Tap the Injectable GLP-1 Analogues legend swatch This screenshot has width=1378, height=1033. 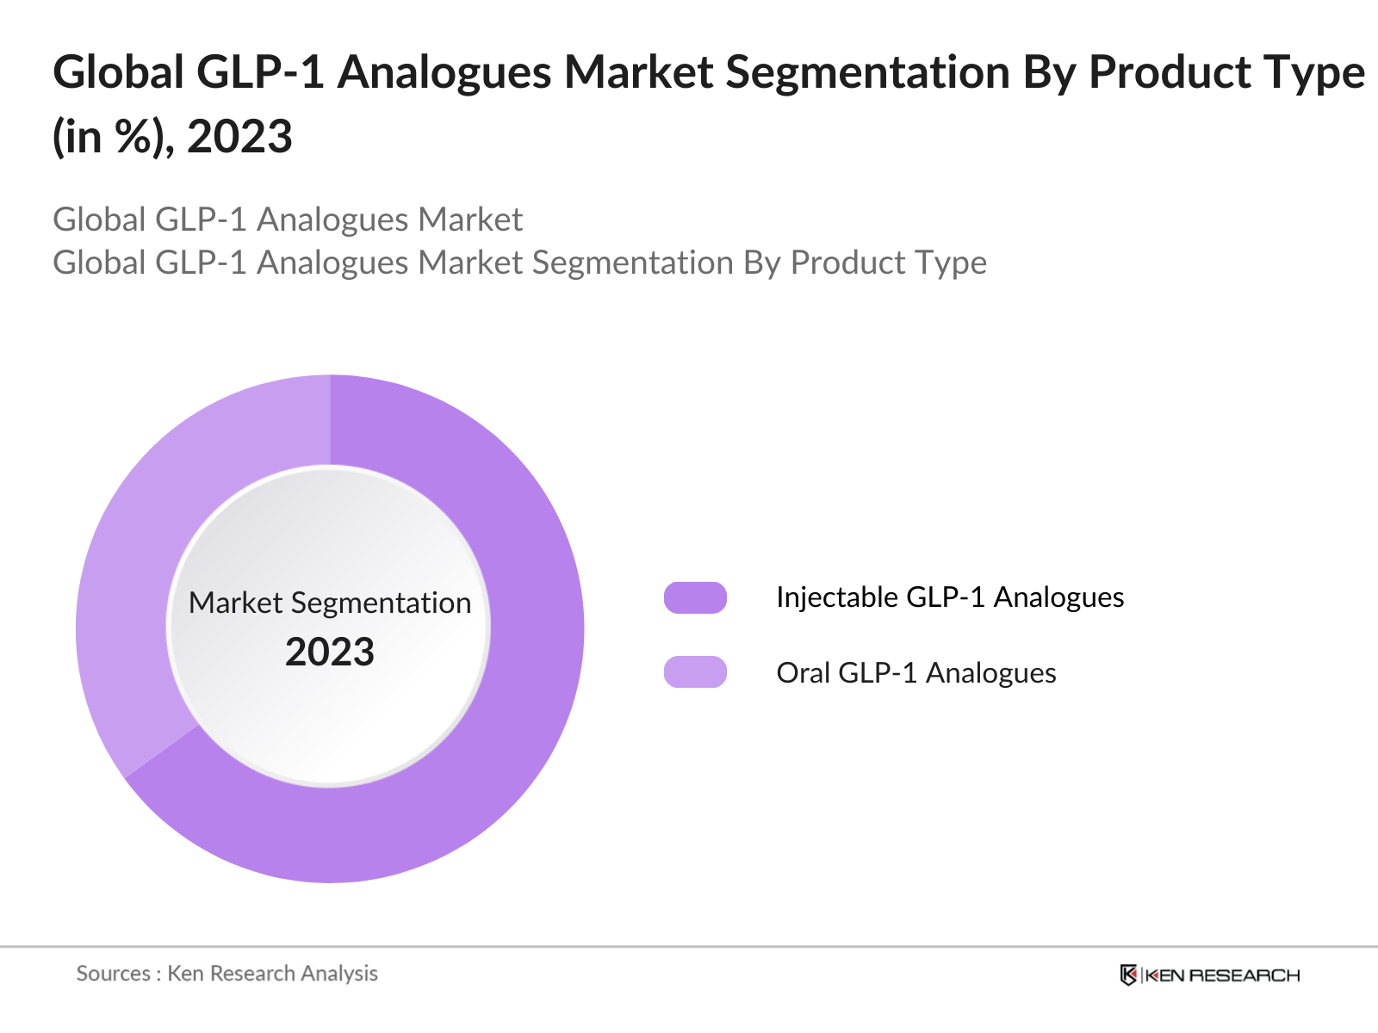click(695, 597)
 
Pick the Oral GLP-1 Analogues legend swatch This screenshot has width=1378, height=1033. click(695, 672)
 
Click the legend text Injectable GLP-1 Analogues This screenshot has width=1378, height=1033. click(949, 597)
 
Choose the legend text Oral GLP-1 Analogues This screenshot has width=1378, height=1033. click(916, 672)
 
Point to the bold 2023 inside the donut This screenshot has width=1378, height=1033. click(330, 652)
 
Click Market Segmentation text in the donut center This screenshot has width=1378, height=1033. click(330, 603)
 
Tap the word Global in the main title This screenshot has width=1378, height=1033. click(118, 72)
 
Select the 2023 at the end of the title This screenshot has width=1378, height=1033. click(239, 137)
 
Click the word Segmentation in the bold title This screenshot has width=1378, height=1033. click(866, 72)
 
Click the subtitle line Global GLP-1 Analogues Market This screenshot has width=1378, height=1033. click(288, 220)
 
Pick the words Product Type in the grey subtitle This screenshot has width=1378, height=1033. click(888, 263)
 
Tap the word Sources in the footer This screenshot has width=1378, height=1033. click(114, 974)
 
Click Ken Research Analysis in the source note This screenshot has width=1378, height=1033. click(272, 974)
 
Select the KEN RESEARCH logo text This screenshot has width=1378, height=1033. click(1222, 975)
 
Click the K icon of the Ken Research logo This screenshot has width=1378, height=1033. click(1128, 975)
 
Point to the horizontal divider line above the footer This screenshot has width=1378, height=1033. click(689, 947)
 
